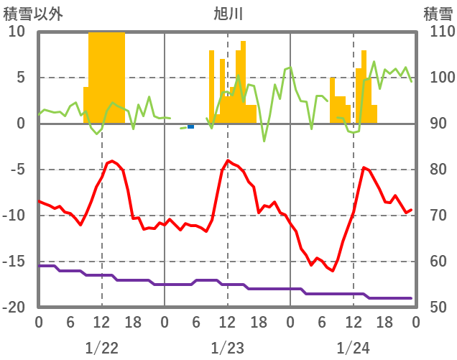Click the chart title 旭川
pyautogui.click(x=228, y=13)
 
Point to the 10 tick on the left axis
pyautogui.click(x=17, y=32)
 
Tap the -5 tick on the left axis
pyautogui.click(x=17, y=170)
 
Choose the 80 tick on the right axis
pyautogui.click(x=439, y=170)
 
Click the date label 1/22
pyautogui.click(x=101, y=348)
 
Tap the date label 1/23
pyautogui.click(x=227, y=348)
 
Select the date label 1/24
pyautogui.click(x=353, y=348)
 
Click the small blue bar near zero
pyautogui.click(x=190, y=126)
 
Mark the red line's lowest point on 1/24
pyautogui.click(x=332, y=271)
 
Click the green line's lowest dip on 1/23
pyautogui.click(x=264, y=141)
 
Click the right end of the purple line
pyautogui.click(x=411, y=298)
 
